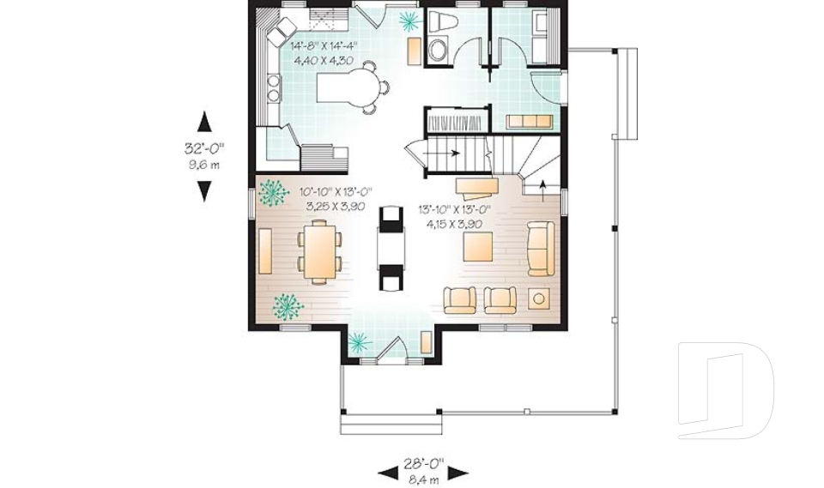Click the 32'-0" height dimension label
204,148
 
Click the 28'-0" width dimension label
423,463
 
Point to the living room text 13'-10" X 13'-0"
454,210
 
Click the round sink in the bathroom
437,51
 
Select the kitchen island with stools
353,88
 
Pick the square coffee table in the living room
478,246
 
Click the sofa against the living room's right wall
542,249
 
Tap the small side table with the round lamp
539,299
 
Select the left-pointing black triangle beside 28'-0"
388,473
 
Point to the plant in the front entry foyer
359,342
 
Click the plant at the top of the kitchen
409,21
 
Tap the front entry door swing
391,348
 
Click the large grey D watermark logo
726,390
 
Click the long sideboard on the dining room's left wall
265,251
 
